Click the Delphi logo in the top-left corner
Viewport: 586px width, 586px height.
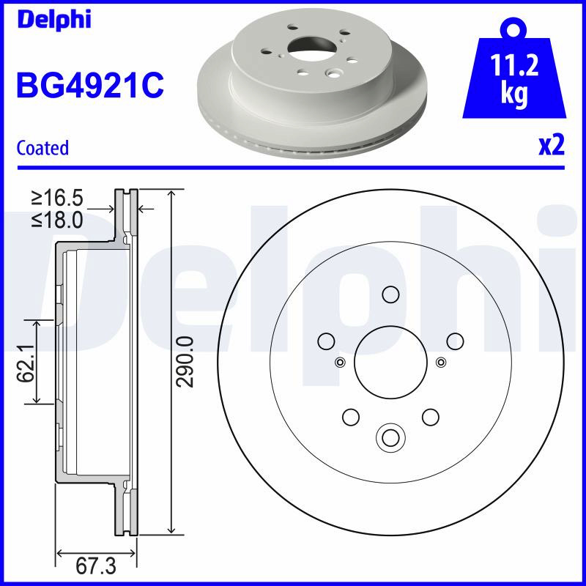[x=53, y=20]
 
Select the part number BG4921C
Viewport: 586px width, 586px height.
[x=90, y=85]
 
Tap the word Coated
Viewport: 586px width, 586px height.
[x=42, y=148]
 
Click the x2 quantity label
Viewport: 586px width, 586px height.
[x=552, y=146]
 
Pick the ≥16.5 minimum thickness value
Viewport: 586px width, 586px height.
[x=57, y=198]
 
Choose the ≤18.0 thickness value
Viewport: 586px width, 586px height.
[x=57, y=220]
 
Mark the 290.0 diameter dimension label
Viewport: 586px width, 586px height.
[x=185, y=362]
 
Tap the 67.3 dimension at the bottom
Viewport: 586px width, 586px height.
[x=96, y=567]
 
